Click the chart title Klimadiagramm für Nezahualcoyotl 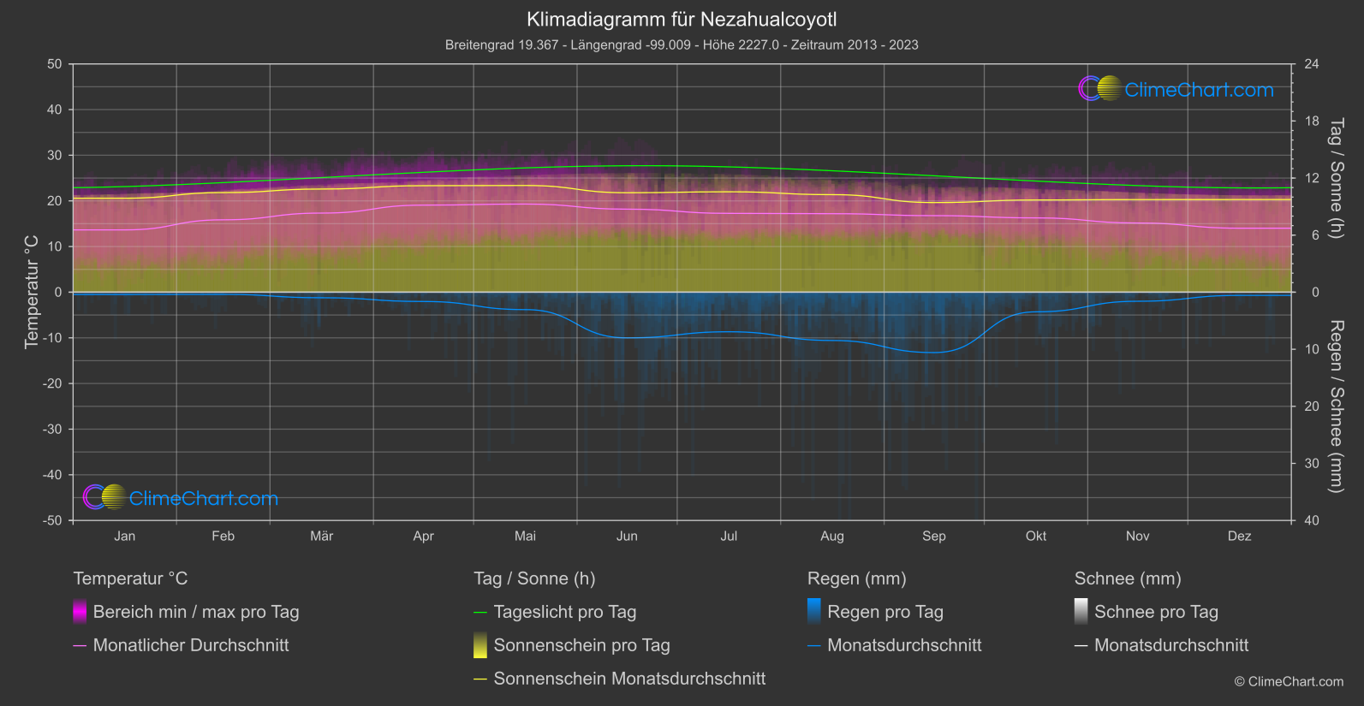682,19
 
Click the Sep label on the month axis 933,536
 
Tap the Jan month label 125,536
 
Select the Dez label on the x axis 1239,536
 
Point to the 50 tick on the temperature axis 55,64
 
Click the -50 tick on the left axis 52,520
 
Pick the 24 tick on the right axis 1311,64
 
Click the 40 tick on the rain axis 1311,520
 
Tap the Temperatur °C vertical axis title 32,292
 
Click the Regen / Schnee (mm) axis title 1336,406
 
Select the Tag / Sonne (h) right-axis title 1336,178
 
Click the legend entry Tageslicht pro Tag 565,612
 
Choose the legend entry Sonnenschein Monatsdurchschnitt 629,679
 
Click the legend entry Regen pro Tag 885,612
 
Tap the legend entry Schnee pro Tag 1156,612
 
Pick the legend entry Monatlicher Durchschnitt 190,645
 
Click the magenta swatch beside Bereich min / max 80,612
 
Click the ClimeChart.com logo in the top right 1176,89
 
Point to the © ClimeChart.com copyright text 1289,681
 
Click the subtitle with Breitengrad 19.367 682,44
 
